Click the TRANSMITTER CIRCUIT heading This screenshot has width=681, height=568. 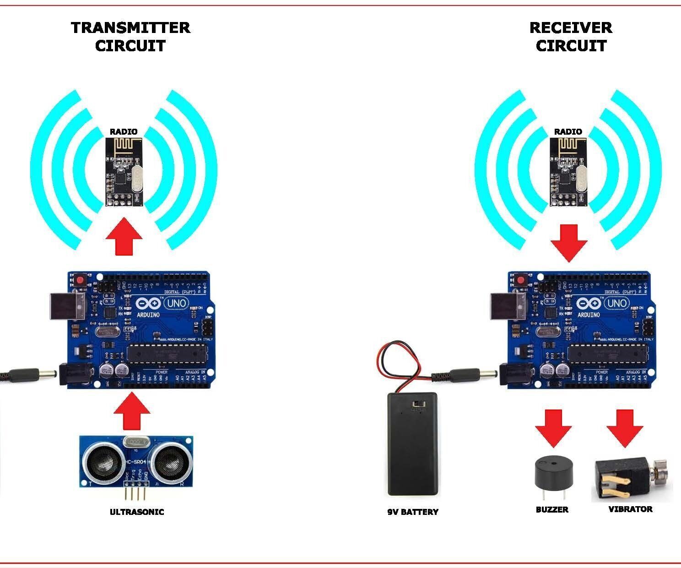[x=130, y=37]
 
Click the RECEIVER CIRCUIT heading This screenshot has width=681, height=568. [x=571, y=37]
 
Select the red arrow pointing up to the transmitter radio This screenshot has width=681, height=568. [x=124, y=237]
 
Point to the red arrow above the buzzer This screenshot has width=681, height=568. [x=553, y=428]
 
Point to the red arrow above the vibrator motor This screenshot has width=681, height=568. [x=625, y=428]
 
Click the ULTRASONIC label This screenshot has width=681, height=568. [x=136, y=512]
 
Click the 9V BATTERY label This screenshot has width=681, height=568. [x=412, y=512]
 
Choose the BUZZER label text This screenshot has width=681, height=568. [x=552, y=509]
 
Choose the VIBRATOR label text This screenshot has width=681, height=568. [x=630, y=509]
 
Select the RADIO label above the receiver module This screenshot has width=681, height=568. [x=568, y=131]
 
